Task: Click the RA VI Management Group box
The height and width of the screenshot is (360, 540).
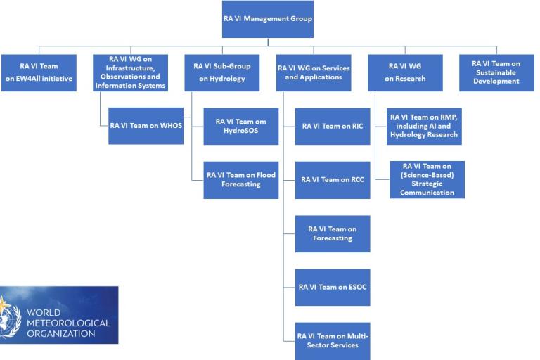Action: pyautogui.click(x=268, y=19)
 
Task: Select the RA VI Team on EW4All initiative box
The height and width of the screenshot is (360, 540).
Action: pyautogui.click(x=39, y=73)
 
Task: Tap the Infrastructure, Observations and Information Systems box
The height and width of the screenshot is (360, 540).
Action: pyautogui.click(x=130, y=73)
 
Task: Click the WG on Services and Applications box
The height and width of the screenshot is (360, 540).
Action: pyautogui.click(x=314, y=73)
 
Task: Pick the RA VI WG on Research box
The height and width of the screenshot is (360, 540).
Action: pyautogui.click(x=405, y=73)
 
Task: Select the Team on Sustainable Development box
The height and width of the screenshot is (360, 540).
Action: pyautogui.click(x=496, y=73)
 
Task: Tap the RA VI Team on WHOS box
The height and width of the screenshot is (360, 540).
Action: pyautogui.click(x=146, y=126)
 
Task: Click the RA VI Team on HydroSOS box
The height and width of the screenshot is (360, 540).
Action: pyautogui.click(x=241, y=126)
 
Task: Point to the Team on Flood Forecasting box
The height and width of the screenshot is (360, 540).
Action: pyautogui.click(x=241, y=179)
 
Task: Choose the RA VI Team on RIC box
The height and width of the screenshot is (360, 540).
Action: pyautogui.click(x=333, y=126)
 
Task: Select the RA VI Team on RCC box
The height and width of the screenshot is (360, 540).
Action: pyautogui.click(x=333, y=179)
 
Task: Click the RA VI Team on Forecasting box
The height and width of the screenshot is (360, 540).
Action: pyautogui.click(x=333, y=233)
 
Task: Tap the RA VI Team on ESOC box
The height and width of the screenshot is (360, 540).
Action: pyautogui.click(x=333, y=287)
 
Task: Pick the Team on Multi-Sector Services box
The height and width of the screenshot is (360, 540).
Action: pyautogui.click(x=333, y=340)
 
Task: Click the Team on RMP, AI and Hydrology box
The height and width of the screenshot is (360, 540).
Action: pyautogui.click(x=424, y=126)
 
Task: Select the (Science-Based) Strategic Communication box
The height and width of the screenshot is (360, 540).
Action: pyautogui.click(x=427, y=179)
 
